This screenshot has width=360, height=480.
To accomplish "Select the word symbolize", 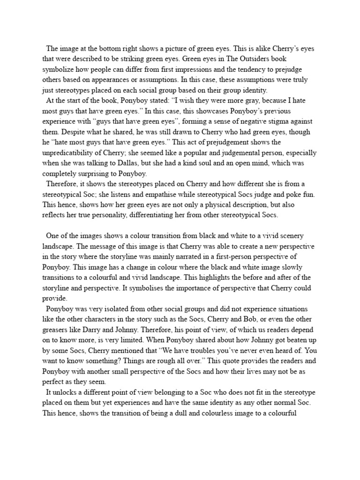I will click(58, 69).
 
